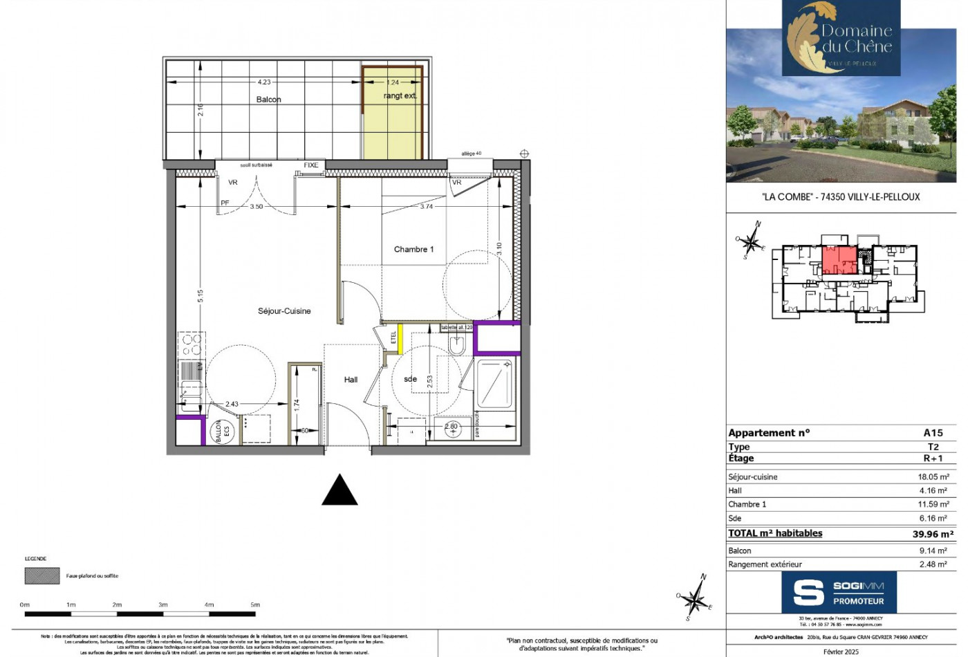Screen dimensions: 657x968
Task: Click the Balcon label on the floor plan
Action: [x=268, y=100]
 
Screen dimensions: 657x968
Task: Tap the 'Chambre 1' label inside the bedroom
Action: [x=413, y=250]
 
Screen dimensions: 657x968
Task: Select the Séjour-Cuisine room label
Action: [x=284, y=311]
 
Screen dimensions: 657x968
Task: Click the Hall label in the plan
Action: [x=351, y=380]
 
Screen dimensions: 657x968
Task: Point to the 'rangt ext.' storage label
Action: [x=400, y=96]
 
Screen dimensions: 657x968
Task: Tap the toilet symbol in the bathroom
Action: [x=456, y=345]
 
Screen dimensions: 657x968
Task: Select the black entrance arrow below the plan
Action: [x=340, y=490]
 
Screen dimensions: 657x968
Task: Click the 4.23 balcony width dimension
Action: [x=264, y=82]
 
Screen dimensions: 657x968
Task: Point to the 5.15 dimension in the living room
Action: [x=201, y=296]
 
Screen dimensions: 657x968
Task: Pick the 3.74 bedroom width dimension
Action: [x=427, y=206]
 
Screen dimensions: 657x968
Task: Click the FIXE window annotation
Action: [x=311, y=165]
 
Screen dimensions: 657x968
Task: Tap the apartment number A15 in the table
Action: [x=933, y=433]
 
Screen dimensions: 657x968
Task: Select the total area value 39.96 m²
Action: [x=932, y=534]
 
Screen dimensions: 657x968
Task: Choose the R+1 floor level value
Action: [x=933, y=459]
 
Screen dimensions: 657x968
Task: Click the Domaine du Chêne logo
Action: [x=841, y=38]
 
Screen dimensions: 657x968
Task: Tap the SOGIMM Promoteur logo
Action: [x=839, y=593]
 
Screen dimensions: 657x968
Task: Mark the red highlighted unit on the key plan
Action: [x=839, y=260]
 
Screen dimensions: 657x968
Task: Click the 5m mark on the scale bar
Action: [x=255, y=605]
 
